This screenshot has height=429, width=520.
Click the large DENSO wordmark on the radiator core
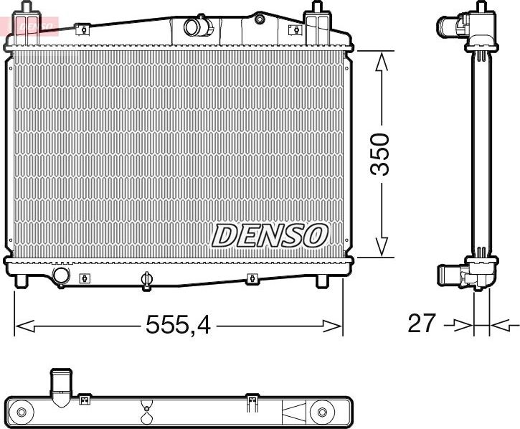[270, 235]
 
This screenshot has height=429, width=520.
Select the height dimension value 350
[379, 154]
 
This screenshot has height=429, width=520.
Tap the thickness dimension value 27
[421, 324]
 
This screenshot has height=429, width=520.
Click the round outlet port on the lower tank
[62, 275]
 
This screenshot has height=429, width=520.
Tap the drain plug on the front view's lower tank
[147, 280]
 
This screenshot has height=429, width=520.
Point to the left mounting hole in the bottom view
[22, 412]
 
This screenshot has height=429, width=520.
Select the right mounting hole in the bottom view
[322, 412]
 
